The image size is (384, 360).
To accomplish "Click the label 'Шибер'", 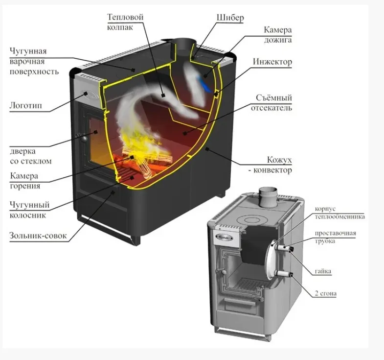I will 230,18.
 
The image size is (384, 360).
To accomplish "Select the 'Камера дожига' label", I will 277,35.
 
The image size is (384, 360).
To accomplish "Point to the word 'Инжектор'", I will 272,62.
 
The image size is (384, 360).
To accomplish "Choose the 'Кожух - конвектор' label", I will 272,165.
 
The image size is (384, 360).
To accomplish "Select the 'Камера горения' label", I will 24,180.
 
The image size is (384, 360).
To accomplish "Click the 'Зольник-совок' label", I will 37,236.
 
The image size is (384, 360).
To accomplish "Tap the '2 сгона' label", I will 325,293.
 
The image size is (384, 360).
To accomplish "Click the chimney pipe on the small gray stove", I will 268,196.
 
